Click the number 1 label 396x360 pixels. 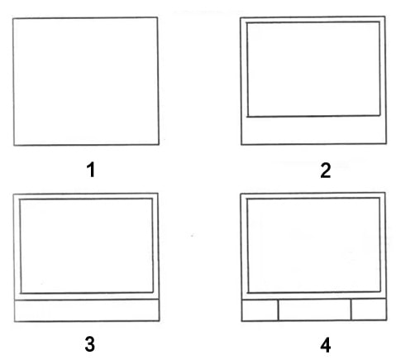point(91,170)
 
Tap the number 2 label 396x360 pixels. point(326,170)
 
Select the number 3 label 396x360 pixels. point(90,344)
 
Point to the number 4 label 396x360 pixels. point(326,345)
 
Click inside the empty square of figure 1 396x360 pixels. point(86,81)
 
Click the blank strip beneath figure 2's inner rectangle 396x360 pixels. point(313,130)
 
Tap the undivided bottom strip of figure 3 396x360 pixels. point(87,310)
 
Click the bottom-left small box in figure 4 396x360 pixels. point(260,310)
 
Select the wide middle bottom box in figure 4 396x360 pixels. point(315,310)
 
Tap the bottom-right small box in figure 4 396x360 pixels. point(369,310)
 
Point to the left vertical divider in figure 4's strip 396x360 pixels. point(279,310)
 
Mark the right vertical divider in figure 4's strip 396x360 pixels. point(351,310)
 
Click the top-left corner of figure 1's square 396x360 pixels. point(12,18)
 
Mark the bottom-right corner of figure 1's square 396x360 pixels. point(159,144)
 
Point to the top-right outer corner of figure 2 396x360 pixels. point(385,17)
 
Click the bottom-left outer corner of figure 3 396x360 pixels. point(15,322)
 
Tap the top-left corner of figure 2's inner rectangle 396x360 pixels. point(246,22)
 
